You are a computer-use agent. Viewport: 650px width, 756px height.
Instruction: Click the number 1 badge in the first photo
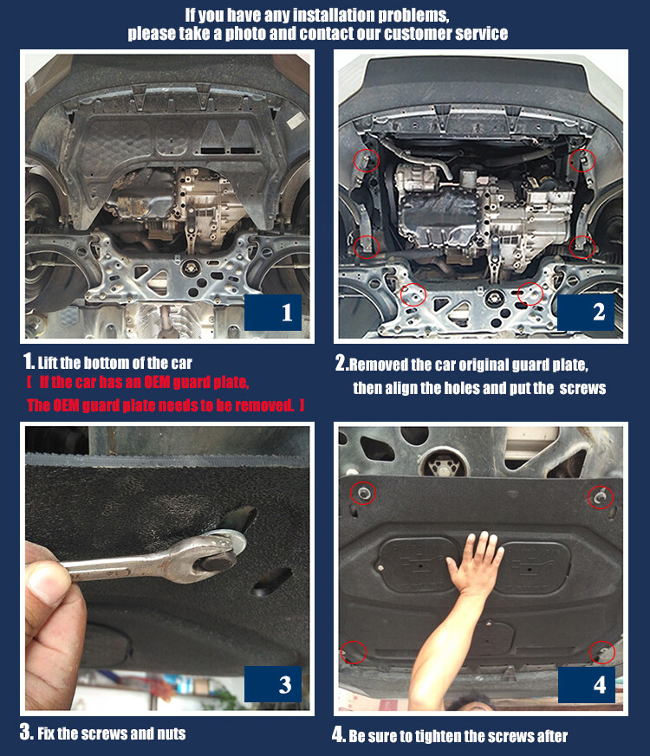[x=273, y=313]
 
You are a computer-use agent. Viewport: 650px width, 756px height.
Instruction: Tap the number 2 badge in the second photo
[x=586, y=313]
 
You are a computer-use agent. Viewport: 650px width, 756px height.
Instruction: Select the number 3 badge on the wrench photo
[x=273, y=684]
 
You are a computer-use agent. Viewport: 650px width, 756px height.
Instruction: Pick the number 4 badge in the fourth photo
[x=587, y=685]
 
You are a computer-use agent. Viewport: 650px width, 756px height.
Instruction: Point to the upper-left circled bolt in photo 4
[x=363, y=493]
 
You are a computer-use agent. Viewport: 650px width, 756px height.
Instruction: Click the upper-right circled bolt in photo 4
[x=600, y=496]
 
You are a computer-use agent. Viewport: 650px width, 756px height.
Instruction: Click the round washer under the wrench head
[x=228, y=541]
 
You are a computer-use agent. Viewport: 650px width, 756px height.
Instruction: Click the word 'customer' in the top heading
[x=419, y=34]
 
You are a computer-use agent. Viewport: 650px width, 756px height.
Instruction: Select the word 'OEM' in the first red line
[x=157, y=383]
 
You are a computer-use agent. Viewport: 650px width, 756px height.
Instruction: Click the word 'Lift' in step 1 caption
[x=48, y=363]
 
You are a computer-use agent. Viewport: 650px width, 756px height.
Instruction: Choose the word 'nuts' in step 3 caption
[x=172, y=733]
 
